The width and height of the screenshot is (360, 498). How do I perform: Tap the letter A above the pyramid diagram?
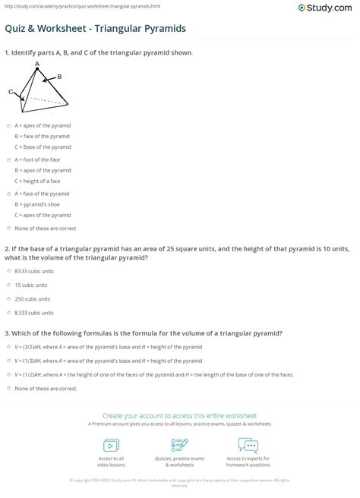tap(36, 65)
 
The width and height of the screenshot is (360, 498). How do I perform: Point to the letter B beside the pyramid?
tap(59, 77)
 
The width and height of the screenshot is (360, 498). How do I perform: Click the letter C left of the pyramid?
tap(11, 91)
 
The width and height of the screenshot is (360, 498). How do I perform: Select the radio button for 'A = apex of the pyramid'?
tap(8, 125)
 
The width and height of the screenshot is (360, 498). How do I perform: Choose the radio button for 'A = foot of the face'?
tap(8, 160)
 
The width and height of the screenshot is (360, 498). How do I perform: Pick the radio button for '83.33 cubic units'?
tap(8, 271)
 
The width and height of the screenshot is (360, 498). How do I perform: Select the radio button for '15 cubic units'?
tap(8, 285)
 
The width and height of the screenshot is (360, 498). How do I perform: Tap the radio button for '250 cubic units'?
tap(8, 298)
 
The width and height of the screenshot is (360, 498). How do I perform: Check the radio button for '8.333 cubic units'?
tap(8, 312)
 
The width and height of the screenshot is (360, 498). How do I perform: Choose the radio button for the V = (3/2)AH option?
tap(8, 347)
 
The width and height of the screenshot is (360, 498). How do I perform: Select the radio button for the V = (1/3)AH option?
tap(8, 361)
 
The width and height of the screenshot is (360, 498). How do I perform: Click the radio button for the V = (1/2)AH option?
tap(8, 374)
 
